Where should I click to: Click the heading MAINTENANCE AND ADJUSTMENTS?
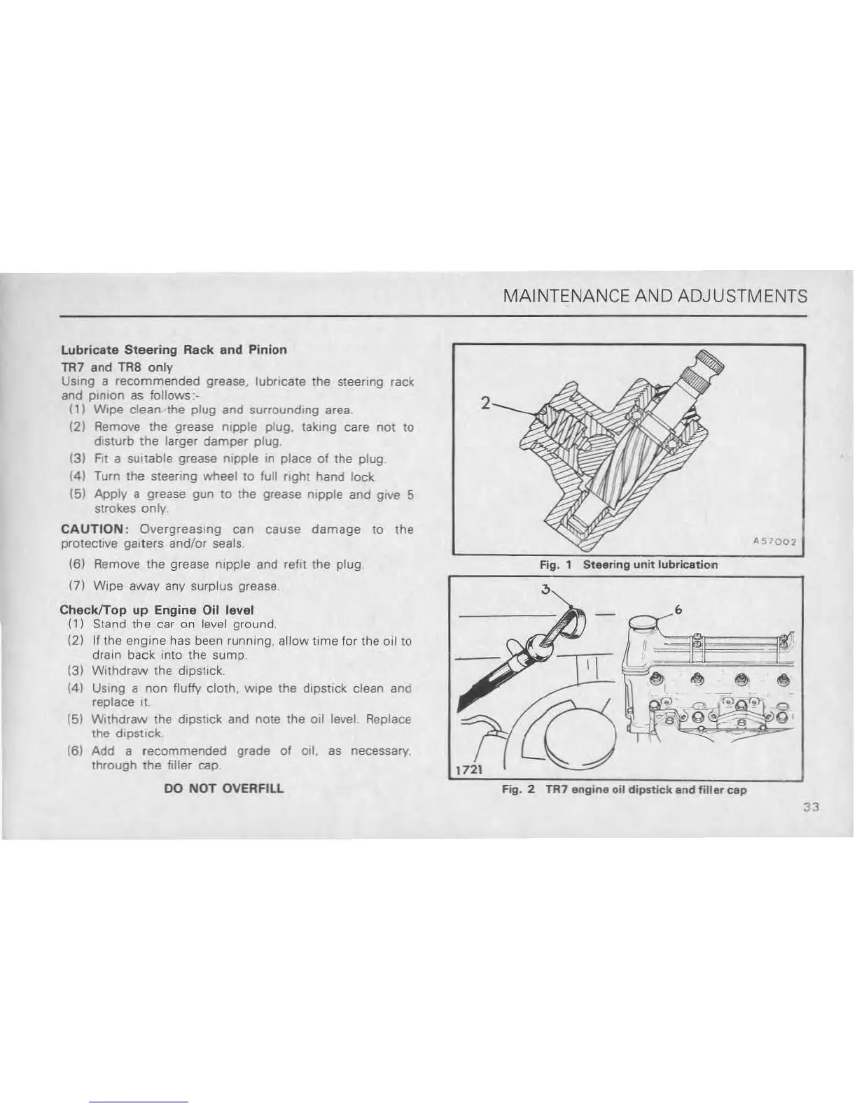[655, 296]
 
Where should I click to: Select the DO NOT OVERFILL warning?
[223, 788]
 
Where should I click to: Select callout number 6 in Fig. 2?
[678, 610]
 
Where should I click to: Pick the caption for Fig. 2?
[624, 790]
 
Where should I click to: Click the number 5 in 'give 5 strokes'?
[410, 495]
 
